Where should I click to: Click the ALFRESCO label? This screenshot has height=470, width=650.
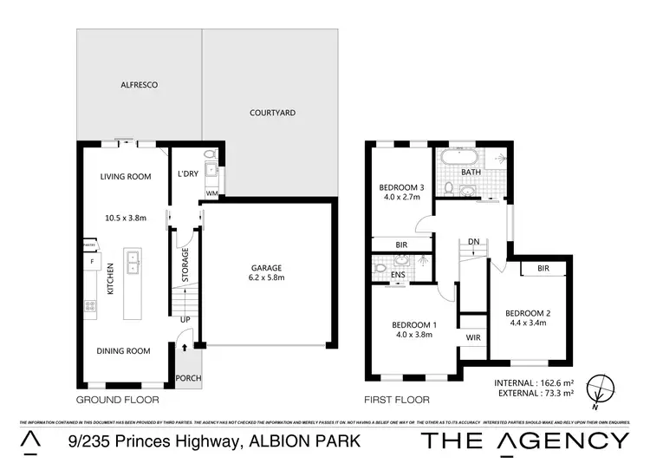point(136,86)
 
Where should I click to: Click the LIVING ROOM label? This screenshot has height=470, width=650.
point(127,177)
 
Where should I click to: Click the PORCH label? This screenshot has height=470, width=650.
point(188,378)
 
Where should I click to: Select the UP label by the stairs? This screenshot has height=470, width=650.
point(185,319)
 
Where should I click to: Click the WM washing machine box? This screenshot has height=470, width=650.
point(211,193)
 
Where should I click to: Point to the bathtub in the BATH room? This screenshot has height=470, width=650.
point(458,159)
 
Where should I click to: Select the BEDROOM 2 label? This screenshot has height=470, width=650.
point(530,312)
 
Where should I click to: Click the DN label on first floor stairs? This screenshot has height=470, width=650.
point(473,242)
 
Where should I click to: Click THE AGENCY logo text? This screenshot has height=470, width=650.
point(525,441)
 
